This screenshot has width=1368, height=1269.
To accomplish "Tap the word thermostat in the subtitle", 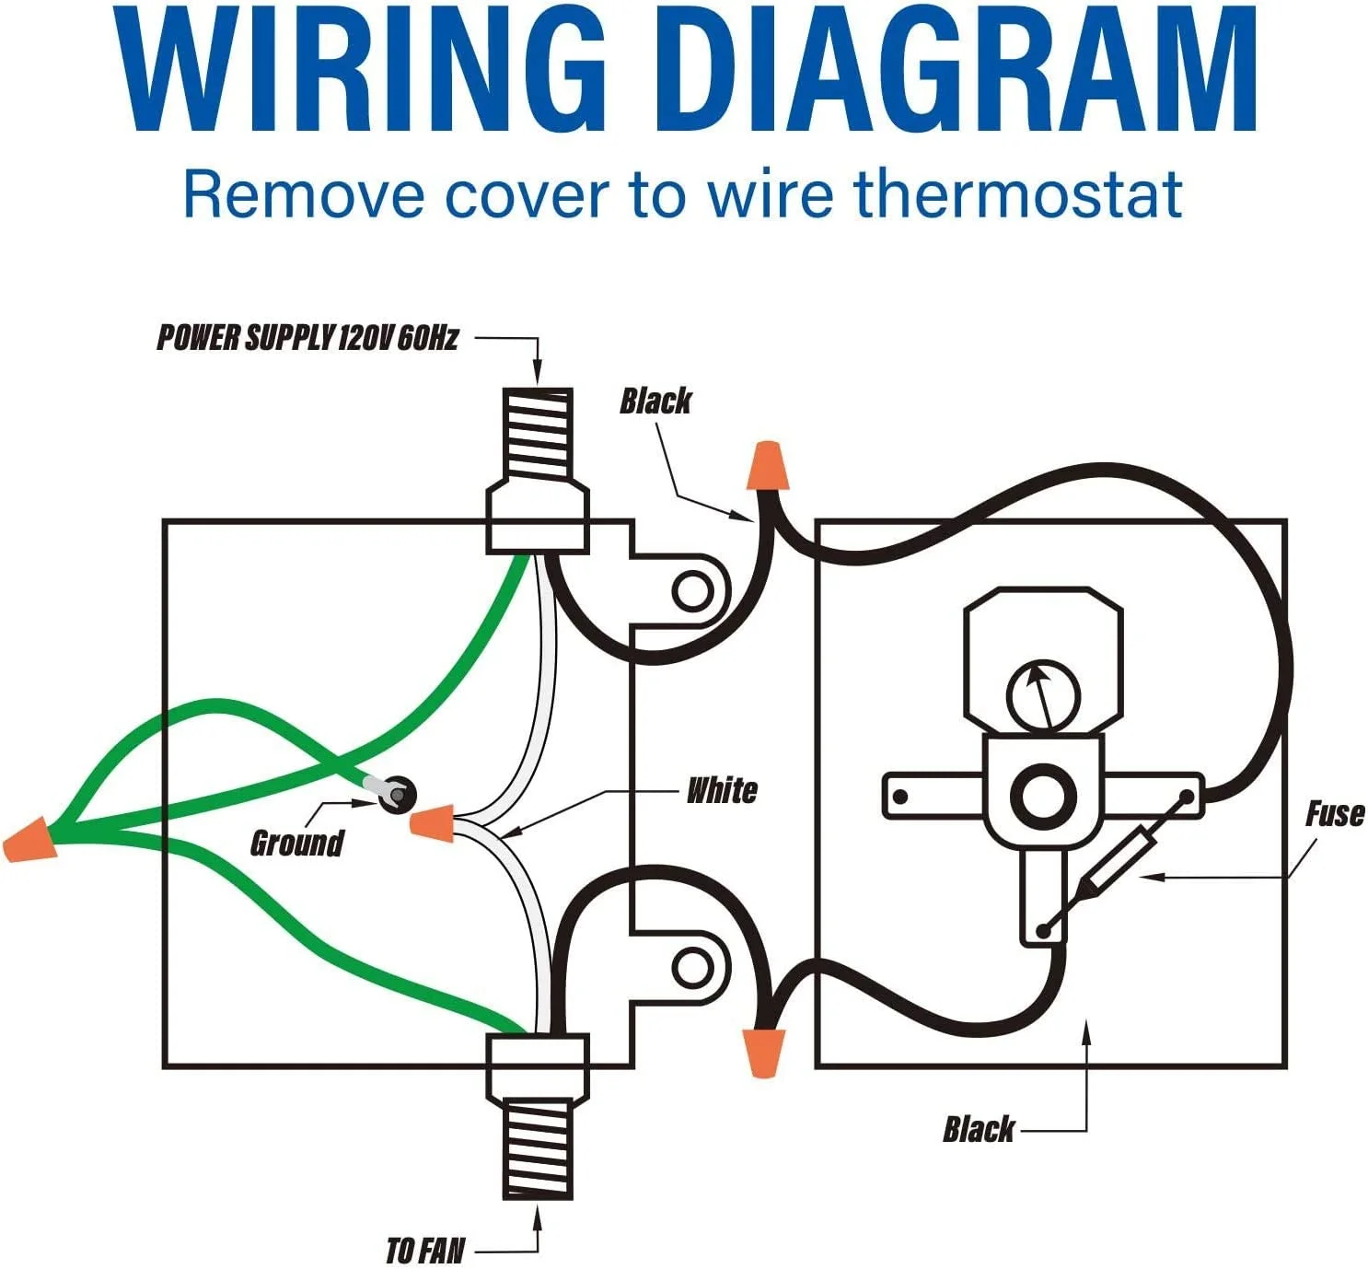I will [1017, 194].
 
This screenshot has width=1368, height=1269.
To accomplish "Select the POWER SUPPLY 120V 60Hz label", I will [307, 338].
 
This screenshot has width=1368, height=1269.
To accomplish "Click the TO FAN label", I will [425, 1251].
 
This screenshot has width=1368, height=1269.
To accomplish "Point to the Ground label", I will [296, 843].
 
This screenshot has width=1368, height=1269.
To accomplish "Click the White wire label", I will [723, 790].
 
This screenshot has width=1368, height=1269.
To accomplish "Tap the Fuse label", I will [1334, 814].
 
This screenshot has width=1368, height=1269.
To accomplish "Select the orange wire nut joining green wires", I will [29, 841].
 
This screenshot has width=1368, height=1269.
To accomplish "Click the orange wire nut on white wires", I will [431, 822].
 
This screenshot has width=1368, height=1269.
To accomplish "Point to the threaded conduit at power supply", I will [539, 433].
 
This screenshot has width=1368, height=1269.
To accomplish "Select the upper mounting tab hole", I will [691, 590].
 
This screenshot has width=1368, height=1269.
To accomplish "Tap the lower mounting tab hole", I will [690, 967].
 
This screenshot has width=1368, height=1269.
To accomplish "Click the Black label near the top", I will [655, 402].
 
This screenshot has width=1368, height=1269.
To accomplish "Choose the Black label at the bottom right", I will [978, 1129].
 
